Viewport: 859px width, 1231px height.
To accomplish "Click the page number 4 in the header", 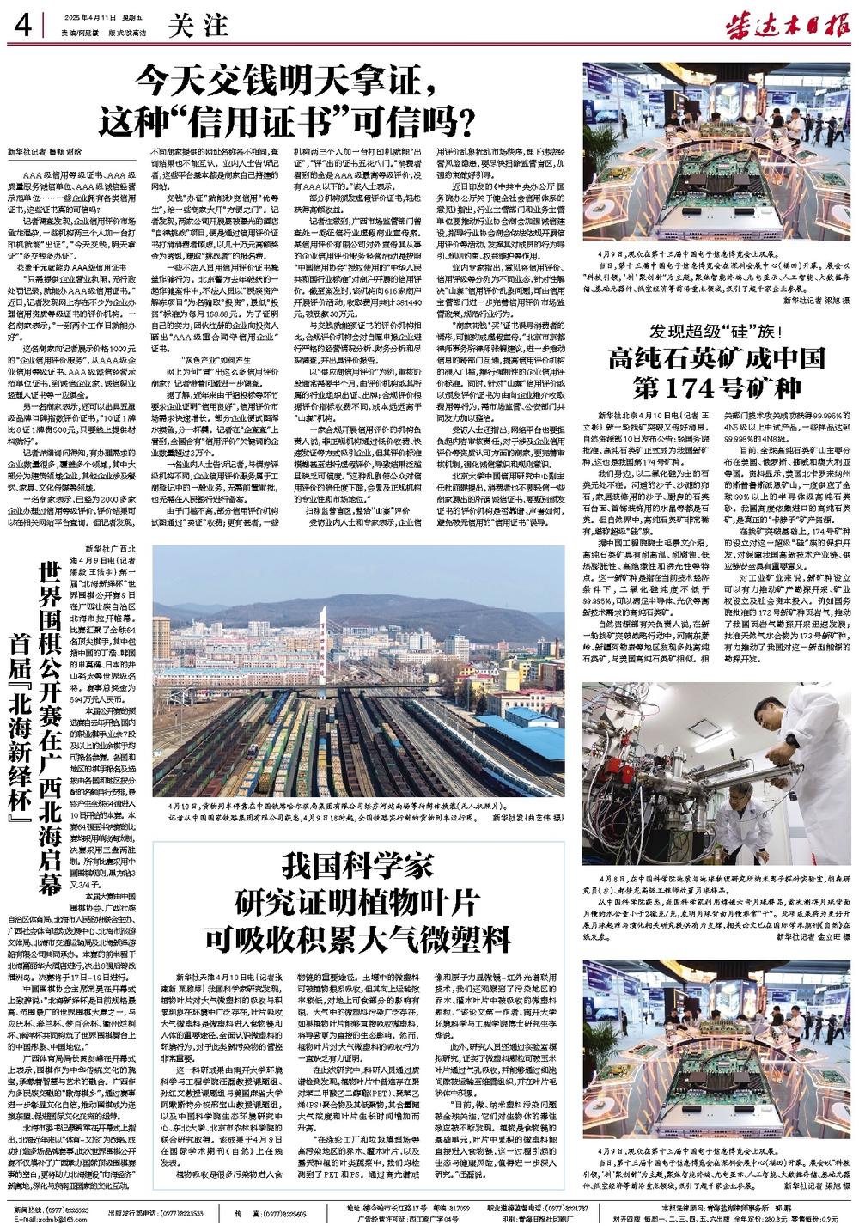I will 22,27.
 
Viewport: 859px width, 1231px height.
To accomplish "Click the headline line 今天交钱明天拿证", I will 288,83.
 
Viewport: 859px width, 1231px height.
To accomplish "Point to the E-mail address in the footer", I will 54,1218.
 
